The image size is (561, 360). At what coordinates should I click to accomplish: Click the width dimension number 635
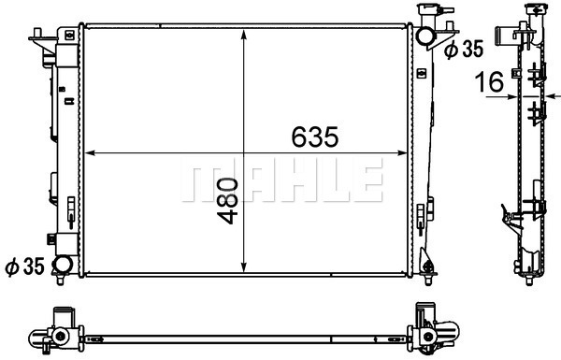314,137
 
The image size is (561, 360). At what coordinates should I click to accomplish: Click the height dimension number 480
227,201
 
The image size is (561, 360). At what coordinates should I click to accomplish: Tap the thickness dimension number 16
489,81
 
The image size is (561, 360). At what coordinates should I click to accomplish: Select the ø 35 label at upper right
464,49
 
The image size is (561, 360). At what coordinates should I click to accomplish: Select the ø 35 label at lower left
24,266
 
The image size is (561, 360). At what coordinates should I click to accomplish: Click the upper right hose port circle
425,36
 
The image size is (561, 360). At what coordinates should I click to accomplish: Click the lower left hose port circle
63,265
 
